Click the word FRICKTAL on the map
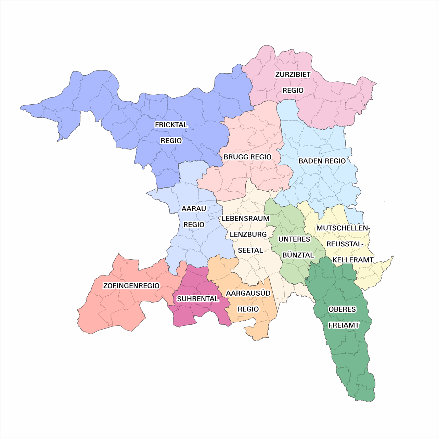click(171, 125)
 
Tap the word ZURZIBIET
click(293, 74)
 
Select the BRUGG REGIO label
click(247, 157)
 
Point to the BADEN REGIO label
click(322, 161)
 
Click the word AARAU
click(194, 209)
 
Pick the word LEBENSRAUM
click(246, 218)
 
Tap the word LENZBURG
click(248, 234)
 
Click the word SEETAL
click(250, 250)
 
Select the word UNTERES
click(294, 239)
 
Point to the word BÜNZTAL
click(298, 255)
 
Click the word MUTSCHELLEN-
click(343, 228)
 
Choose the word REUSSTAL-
click(345, 244)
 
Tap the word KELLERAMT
click(353, 260)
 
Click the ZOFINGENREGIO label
click(131, 286)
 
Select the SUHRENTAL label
click(197, 299)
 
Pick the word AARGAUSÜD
click(248, 293)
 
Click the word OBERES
click(342, 309)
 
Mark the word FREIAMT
click(344, 325)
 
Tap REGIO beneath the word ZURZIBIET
click(293, 90)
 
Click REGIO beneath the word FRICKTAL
click(171, 141)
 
